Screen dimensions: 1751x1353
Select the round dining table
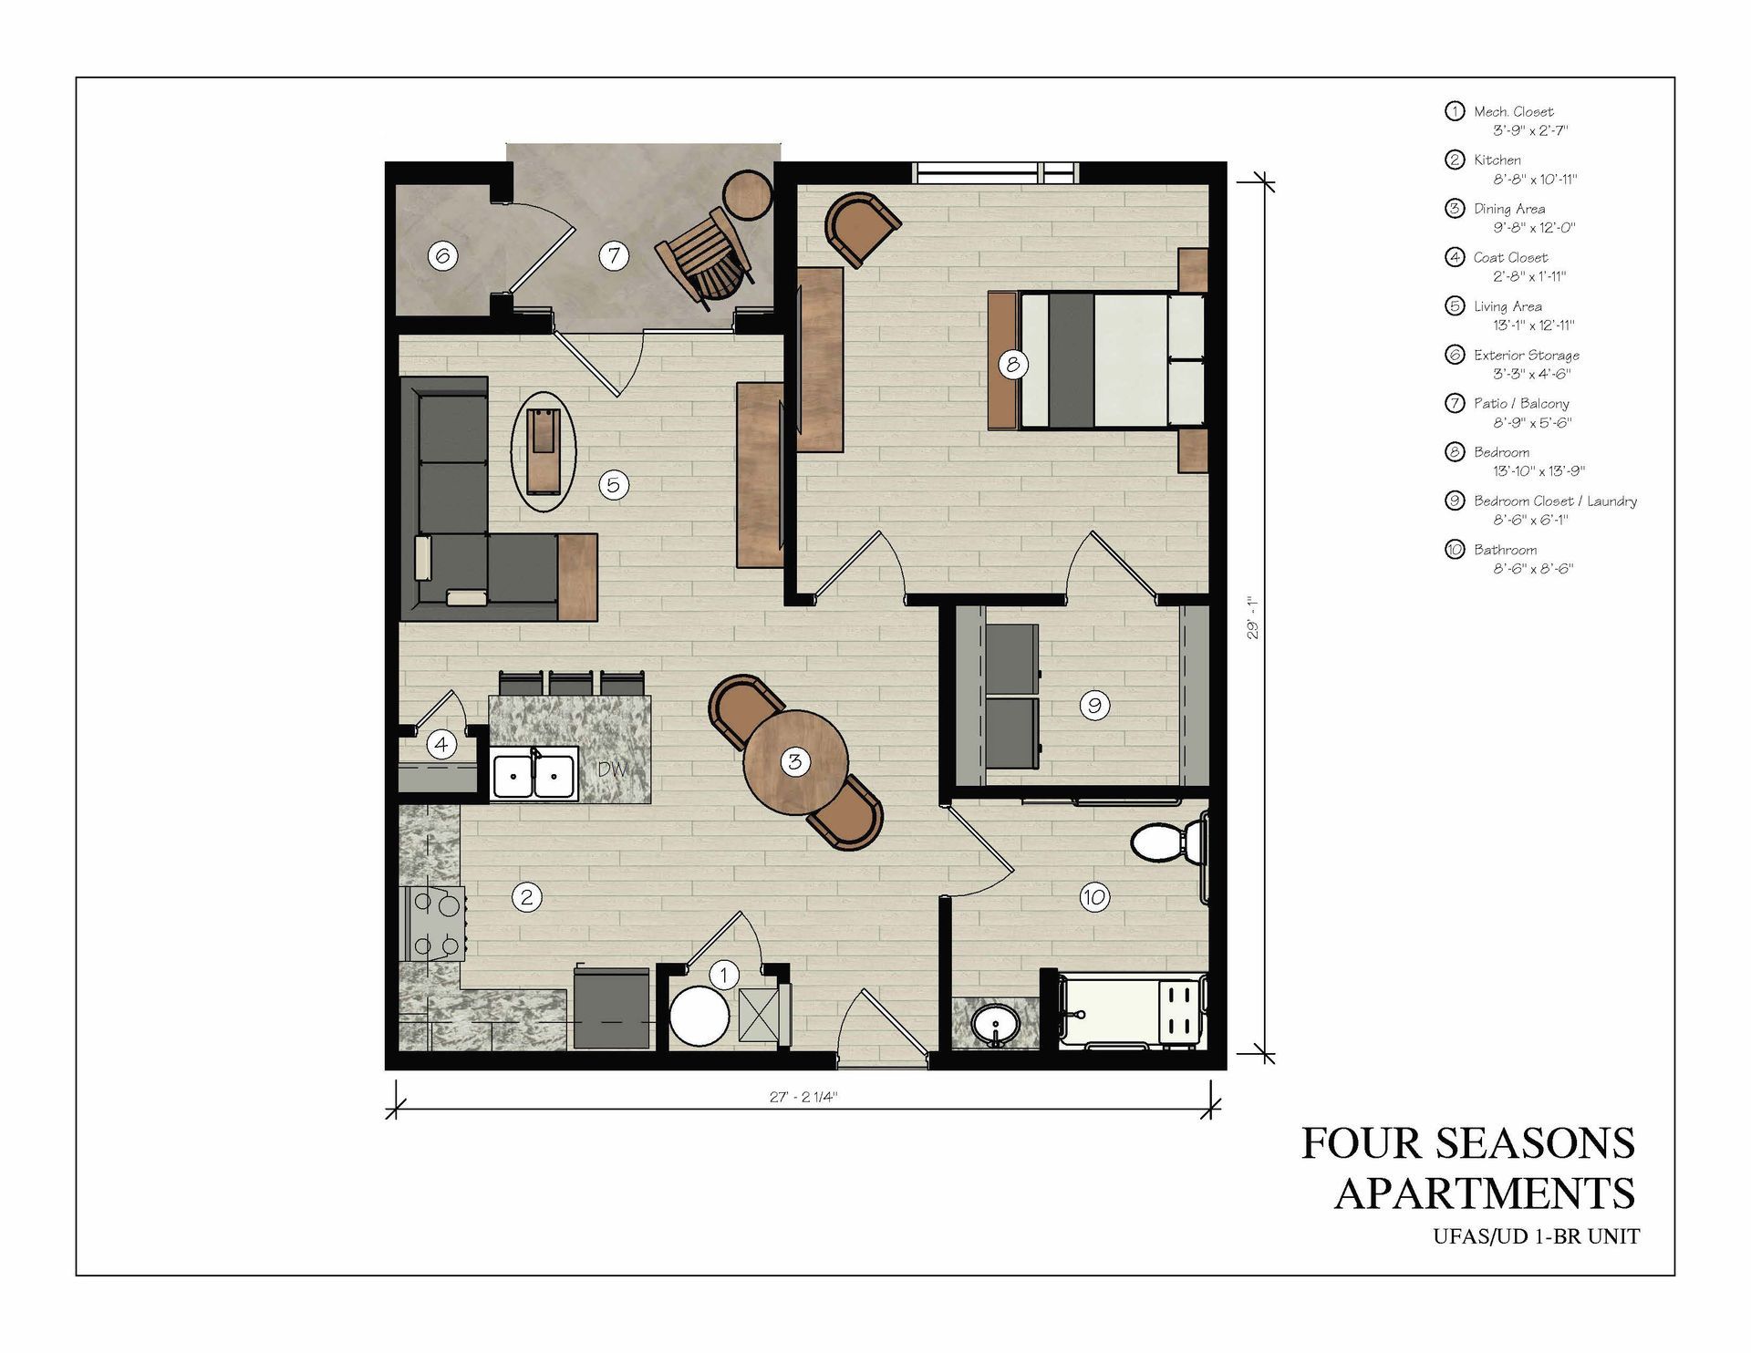(x=795, y=762)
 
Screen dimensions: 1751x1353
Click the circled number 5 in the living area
(x=614, y=484)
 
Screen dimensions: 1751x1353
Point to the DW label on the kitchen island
(x=613, y=769)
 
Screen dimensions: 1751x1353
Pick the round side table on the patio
(x=748, y=193)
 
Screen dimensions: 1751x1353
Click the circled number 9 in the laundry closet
(x=1094, y=705)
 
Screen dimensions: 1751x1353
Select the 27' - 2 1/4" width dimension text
(x=803, y=1097)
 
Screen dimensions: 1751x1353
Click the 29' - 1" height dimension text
(x=1253, y=617)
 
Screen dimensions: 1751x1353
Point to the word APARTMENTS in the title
(x=1485, y=1193)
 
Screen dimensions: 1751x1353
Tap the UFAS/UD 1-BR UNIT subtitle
(x=1536, y=1237)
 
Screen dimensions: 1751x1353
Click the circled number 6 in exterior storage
(x=442, y=256)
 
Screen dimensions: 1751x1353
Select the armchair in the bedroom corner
(x=862, y=228)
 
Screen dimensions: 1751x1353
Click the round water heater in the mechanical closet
(x=699, y=1017)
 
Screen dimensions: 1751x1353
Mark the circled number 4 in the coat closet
(x=442, y=745)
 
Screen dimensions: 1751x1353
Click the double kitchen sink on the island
(x=534, y=775)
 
